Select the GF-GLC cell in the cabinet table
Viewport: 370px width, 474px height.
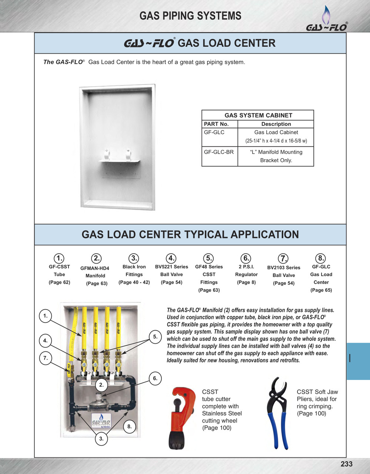(x=214, y=132)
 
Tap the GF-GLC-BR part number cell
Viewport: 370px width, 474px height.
(x=219, y=152)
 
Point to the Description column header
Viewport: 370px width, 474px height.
(x=276, y=124)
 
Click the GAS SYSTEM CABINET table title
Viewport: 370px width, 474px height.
(x=258, y=115)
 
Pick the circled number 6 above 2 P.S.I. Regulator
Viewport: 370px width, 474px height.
(x=246, y=258)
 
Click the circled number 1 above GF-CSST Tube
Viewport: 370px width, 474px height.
(x=59, y=258)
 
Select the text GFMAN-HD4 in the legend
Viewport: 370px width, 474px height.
(x=95, y=268)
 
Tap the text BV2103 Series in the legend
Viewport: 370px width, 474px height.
(x=284, y=267)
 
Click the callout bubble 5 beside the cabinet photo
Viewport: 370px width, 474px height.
(x=155, y=337)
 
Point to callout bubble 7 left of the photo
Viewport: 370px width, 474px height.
(x=45, y=358)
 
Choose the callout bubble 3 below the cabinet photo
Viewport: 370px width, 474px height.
(x=101, y=439)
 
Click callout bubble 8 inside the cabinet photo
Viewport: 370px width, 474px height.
(x=129, y=427)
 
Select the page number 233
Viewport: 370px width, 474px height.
(x=346, y=464)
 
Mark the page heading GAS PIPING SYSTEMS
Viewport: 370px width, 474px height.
(x=190, y=16)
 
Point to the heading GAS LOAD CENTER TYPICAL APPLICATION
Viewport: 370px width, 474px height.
(x=190, y=234)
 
